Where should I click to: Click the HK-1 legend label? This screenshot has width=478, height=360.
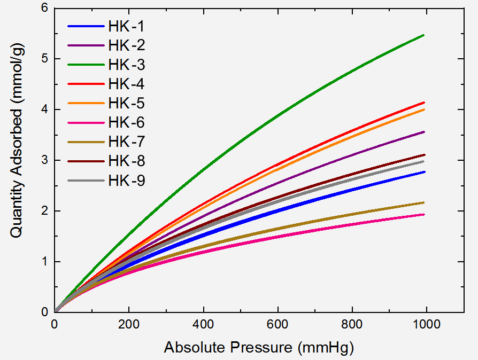[126, 26]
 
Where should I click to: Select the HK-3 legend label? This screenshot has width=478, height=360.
[127, 65]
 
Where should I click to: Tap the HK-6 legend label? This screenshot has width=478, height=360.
[126, 122]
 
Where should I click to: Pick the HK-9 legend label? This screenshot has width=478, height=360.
[127, 181]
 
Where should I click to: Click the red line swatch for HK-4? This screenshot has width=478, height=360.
[86, 84]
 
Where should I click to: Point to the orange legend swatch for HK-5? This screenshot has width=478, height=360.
[86, 103]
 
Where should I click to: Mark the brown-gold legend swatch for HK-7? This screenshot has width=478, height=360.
[86, 142]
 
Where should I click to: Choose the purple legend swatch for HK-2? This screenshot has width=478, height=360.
[86, 45]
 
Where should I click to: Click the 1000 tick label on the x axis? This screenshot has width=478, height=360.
[427, 324]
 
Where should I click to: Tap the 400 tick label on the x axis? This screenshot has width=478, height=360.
[203, 324]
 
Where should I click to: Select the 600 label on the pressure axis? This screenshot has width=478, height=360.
[277, 324]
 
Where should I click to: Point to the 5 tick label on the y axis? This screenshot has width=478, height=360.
[45, 58]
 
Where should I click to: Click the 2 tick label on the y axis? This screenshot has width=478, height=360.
[45, 211]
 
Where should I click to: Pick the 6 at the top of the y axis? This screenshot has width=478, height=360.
[45, 7]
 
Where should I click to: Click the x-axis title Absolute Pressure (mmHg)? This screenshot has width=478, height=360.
[259, 348]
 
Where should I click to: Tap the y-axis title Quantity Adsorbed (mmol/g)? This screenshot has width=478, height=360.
[17, 140]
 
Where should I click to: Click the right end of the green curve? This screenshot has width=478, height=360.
[424, 35]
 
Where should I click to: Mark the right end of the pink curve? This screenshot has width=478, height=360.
[424, 214]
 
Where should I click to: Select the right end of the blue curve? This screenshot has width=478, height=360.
[424, 172]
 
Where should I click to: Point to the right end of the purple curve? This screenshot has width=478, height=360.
[424, 132]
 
